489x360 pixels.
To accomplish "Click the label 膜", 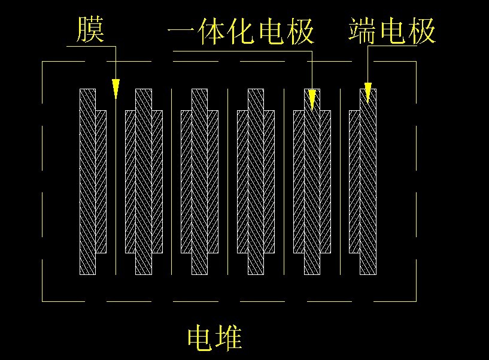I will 90,30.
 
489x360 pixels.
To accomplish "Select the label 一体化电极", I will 241,31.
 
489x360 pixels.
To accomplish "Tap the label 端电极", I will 392,31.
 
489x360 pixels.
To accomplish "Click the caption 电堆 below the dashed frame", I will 214,338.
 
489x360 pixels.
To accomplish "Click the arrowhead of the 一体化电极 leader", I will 311,101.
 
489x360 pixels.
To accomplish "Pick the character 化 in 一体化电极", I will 241,31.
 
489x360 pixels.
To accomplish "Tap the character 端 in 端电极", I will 363,31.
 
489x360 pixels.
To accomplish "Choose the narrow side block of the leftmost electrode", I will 101,180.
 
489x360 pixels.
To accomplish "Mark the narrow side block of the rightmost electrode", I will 354,180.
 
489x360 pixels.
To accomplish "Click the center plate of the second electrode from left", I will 143,180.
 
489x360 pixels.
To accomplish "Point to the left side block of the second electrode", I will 130,180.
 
